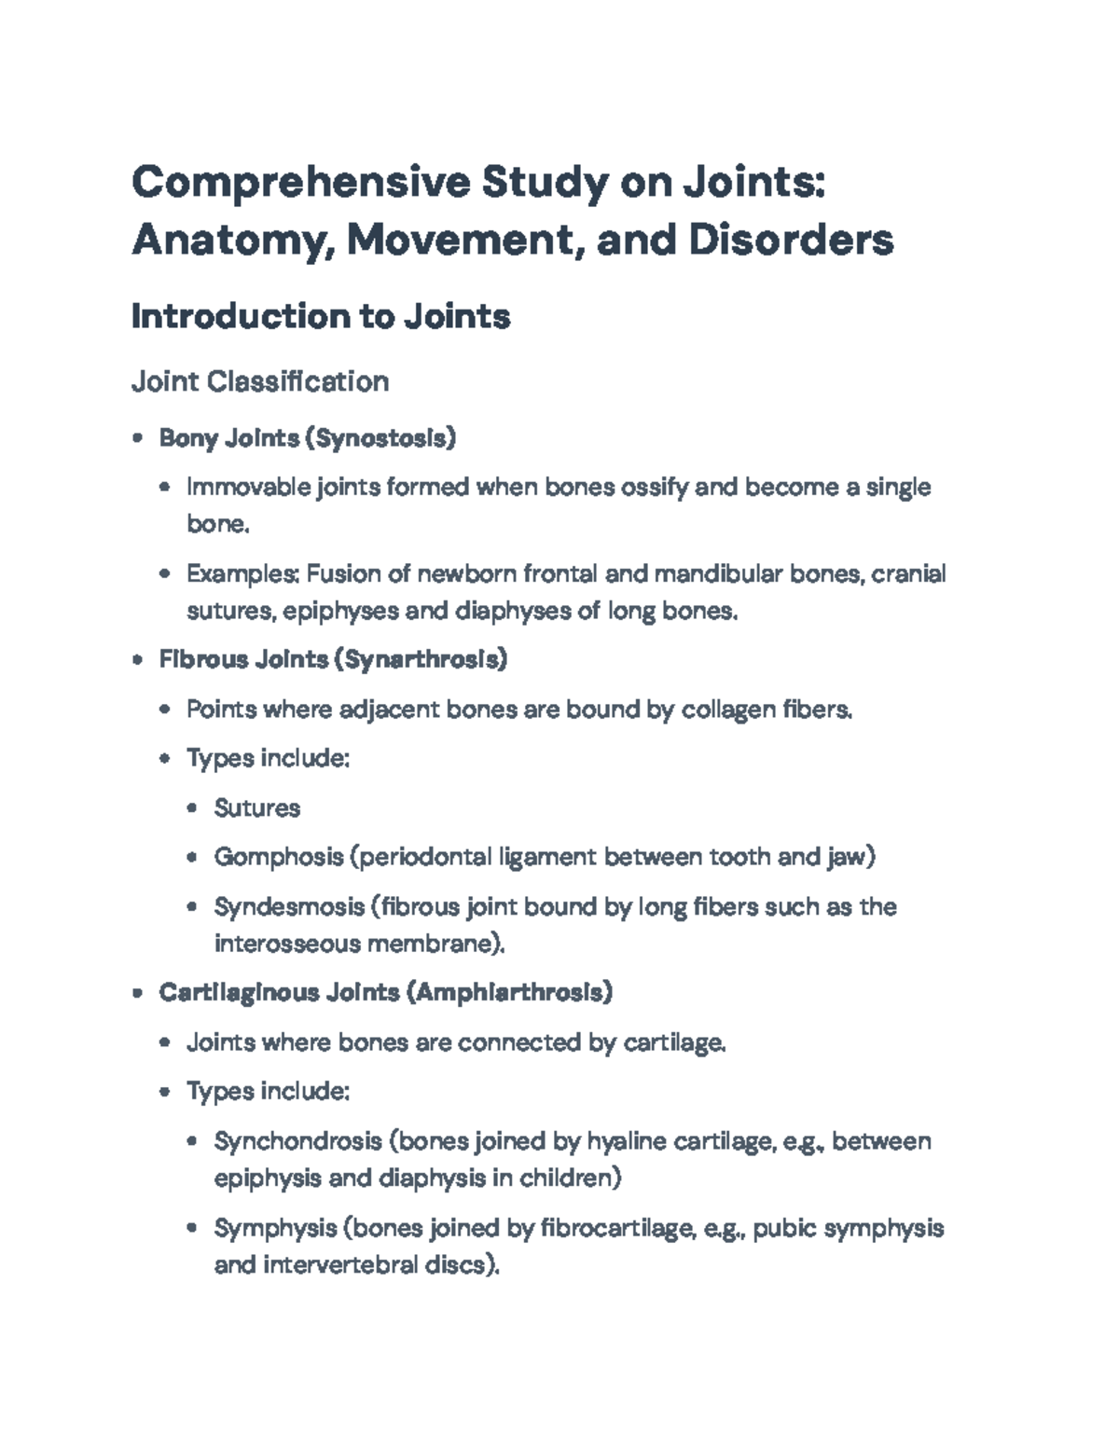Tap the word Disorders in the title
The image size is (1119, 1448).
pos(791,240)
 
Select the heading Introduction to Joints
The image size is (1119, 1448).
pos(321,317)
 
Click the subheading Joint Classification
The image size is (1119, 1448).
pos(260,381)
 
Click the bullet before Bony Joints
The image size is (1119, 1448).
pos(138,437)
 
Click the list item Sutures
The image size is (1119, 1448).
pos(257,807)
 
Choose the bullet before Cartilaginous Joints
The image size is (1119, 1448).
pos(138,993)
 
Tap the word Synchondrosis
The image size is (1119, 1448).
pos(298,1141)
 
